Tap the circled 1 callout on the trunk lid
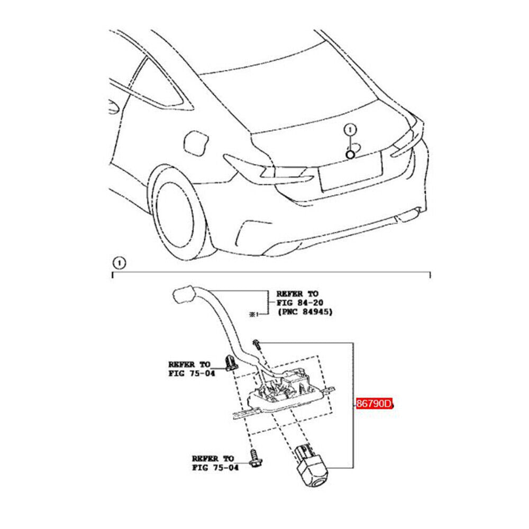point(350,129)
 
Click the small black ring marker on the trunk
point(350,154)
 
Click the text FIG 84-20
point(299,303)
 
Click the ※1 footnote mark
point(252,314)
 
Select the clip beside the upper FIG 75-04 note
point(230,362)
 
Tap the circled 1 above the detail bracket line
point(120,262)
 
